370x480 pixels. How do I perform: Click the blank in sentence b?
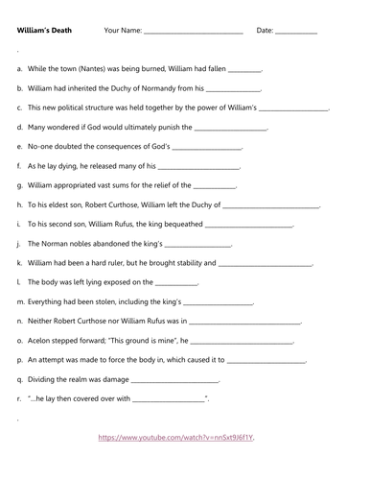[235, 89]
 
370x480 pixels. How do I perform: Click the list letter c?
[20, 108]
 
